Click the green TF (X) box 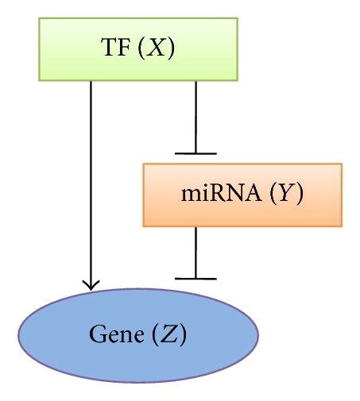coord(137,49)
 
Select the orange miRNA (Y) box coord(242,195)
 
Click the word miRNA coord(211,195)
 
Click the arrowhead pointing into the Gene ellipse coord(91,283)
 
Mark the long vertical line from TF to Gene coord(91,183)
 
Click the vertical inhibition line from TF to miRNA coord(195,115)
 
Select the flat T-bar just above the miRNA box coord(195,152)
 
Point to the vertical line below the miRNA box coord(195,252)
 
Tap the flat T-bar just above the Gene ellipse coord(195,279)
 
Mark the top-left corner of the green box coord(39,18)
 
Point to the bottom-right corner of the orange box coord(342,226)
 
